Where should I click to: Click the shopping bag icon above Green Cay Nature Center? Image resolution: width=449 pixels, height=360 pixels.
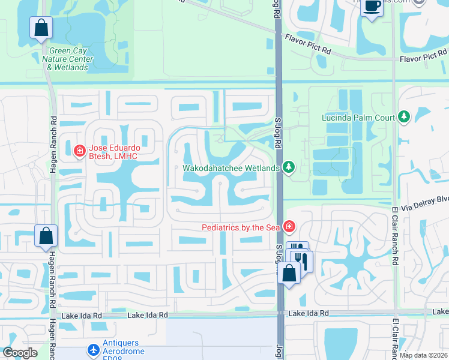(41, 28)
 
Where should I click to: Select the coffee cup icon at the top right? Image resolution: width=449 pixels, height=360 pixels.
(372, 7)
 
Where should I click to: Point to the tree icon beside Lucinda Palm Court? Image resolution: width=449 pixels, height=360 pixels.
(404, 115)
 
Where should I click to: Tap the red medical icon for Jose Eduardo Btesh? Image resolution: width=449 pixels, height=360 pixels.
(79, 151)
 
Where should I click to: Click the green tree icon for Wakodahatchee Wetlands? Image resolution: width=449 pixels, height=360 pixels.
(289, 167)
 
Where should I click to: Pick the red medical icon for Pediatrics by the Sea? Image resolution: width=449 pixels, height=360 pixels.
(289, 226)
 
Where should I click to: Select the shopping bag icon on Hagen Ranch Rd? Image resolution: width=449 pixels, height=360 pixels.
(46, 236)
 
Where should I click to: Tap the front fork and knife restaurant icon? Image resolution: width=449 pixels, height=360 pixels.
(302, 261)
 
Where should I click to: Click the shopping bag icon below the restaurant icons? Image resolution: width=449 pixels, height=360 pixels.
(289, 273)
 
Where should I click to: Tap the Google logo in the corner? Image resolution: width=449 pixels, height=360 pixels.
(20, 353)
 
